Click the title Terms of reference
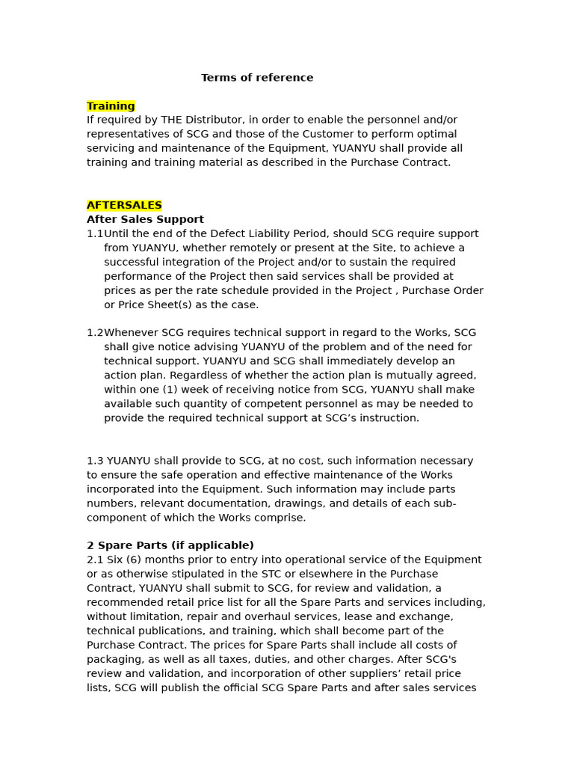pyautogui.click(x=257, y=78)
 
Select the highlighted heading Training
pyautogui.click(x=111, y=106)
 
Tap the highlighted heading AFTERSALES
pyautogui.click(x=124, y=206)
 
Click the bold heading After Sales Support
pyautogui.click(x=145, y=220)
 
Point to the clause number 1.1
pyautogui.click(x=95, y=234)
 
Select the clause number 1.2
pyautogui.click(x=95, y=333)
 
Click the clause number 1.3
pyautogui.click(x=95, y=461)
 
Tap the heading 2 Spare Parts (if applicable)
pyautogui.click(x=170, y=546)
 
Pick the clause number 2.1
pyautogui.click(x=95, y=560)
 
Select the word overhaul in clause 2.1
pyautogui.click(x=283, y=617)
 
